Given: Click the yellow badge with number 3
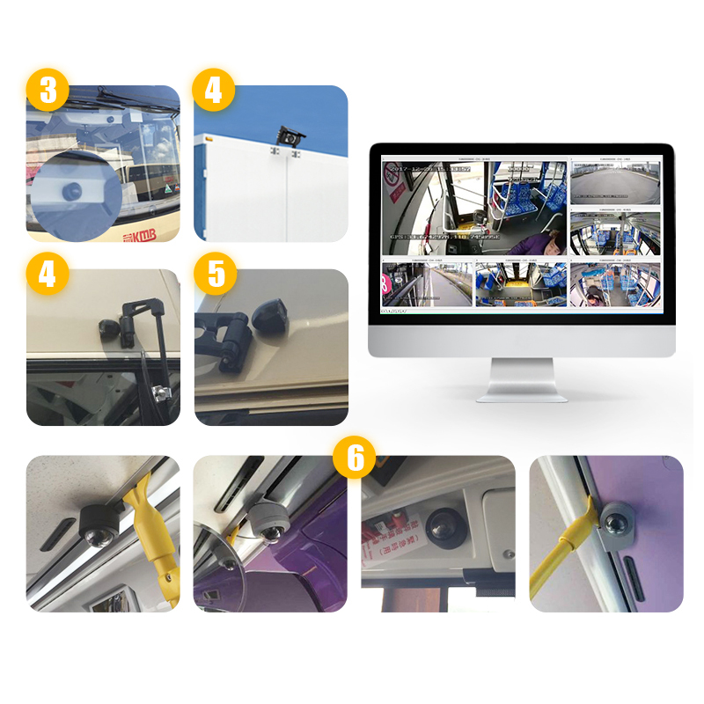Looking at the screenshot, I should click(48, 91).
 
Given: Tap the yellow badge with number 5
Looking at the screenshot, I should click(216, 274).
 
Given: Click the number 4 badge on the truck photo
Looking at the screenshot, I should click(213, 91).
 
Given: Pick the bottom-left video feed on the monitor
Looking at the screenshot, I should click(427, 284).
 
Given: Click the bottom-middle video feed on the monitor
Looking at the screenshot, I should click(520, 284).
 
